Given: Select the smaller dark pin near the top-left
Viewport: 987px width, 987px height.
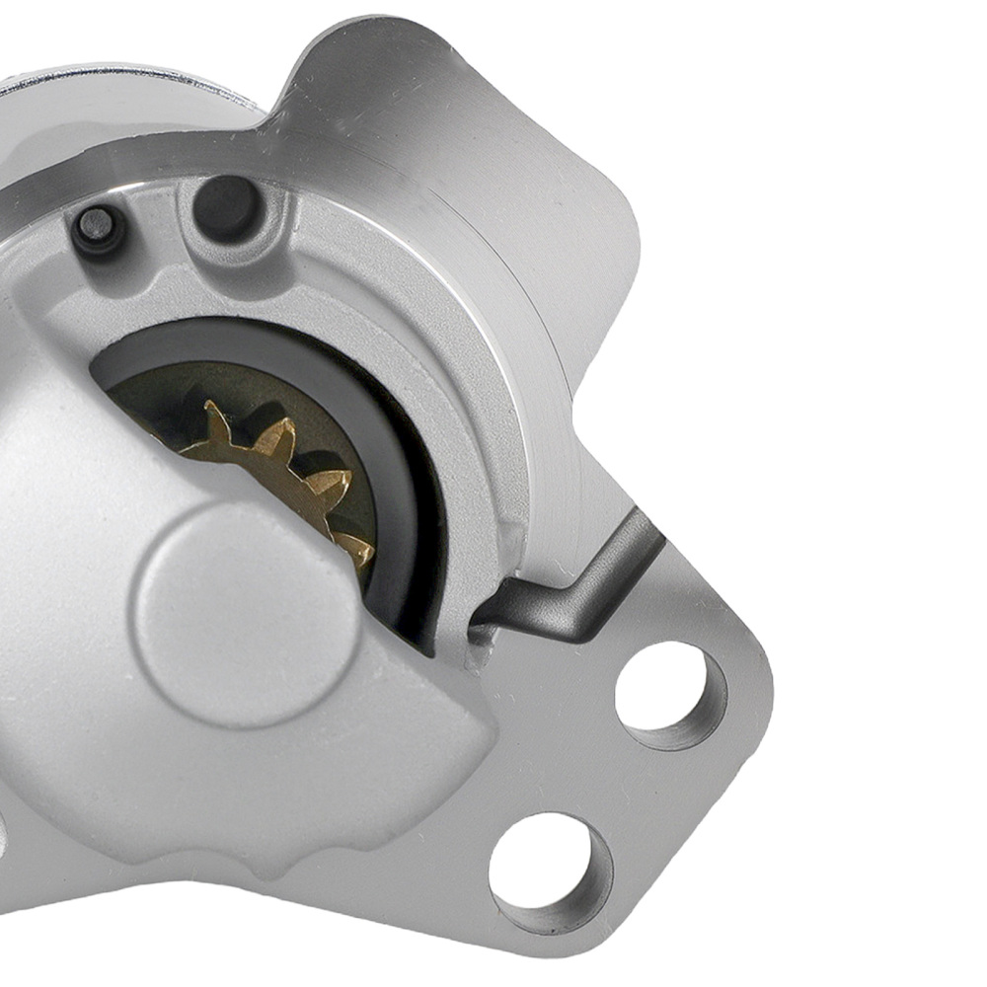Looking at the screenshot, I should [98, 227].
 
